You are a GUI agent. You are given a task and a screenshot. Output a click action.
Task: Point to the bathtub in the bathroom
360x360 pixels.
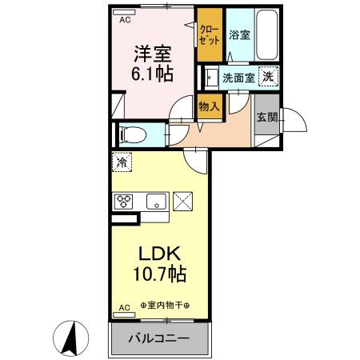coord(266,35)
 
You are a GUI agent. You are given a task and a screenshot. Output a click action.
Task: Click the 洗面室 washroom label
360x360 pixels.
coord(238,78)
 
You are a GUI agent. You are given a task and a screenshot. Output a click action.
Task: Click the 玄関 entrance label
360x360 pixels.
coord(266,117)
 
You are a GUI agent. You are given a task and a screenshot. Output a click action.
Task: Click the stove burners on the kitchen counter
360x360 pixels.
coord(124,202)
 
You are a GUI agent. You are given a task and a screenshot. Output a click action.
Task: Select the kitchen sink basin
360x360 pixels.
coord(155,201)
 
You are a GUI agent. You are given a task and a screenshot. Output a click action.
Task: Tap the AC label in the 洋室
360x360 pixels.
coord(124,22)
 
